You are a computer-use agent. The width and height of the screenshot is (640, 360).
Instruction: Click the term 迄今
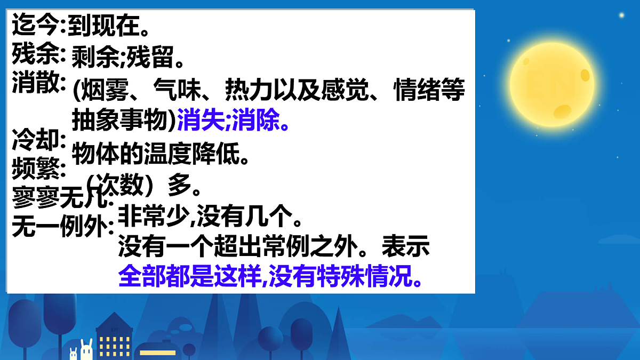35,25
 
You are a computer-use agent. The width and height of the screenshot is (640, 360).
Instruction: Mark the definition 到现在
105,25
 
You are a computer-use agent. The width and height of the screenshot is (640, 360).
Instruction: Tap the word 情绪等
430,92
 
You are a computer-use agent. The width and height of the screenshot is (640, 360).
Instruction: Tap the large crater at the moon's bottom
563,111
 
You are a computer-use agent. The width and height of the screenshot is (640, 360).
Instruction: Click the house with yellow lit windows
115,338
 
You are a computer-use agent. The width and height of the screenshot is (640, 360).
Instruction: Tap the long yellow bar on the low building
157,353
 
